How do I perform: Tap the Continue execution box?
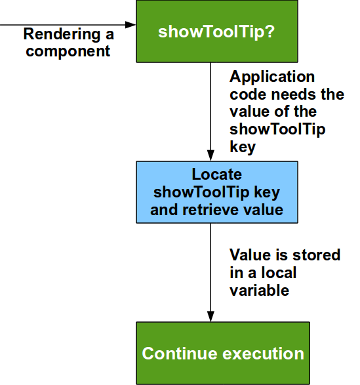point(222,353)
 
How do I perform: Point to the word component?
point(68,51)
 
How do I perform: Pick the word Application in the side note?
point(272,77)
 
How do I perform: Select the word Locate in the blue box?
point(216,175)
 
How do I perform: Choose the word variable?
point(259,289)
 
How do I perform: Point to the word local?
point(279,272)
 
